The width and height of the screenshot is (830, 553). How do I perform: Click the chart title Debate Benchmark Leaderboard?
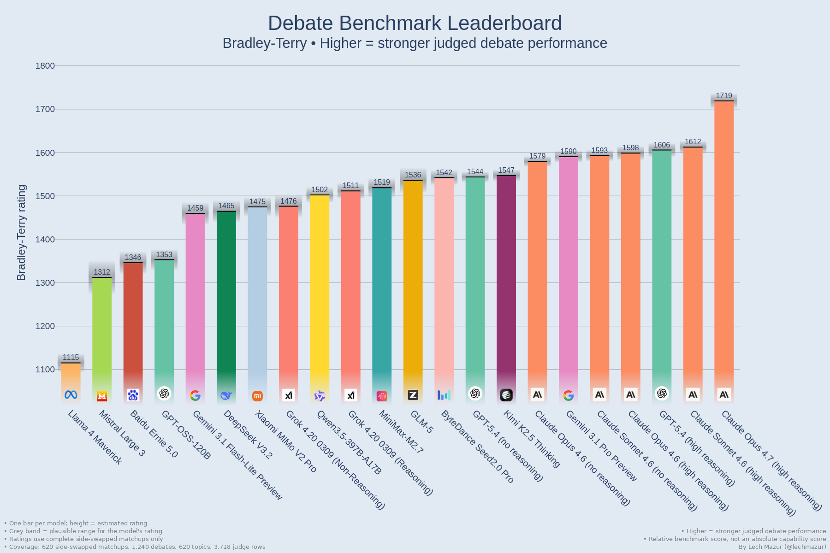tap(415, 23)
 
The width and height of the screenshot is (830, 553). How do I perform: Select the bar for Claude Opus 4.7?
tap(724, 240)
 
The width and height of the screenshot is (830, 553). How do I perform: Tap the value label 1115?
tap(71, 357)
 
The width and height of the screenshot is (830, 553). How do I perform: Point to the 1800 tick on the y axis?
tap(45, 66)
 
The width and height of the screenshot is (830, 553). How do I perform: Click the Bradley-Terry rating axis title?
tap(21, 233)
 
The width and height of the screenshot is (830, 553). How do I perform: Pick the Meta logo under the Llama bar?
tap(71, 395)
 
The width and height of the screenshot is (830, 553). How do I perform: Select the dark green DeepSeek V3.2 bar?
tap(226, 295)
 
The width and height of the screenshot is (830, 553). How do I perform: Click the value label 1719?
tap(724, 95)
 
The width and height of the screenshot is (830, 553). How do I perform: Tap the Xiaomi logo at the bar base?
tap(257, 396)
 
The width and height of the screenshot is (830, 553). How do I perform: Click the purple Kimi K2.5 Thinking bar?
tap(506, 276)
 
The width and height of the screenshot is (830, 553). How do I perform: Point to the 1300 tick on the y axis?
tap(45, 283)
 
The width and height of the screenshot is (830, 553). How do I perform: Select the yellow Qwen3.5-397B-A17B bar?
tap(320, 286)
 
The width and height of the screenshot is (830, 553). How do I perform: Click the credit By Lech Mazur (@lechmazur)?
tap(782, 547)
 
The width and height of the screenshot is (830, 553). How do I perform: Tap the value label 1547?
tap(506, 170)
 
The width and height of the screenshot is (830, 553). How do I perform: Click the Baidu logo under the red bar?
tap(133, 395)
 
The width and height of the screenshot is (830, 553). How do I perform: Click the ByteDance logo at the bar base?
tap(444, 395)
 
